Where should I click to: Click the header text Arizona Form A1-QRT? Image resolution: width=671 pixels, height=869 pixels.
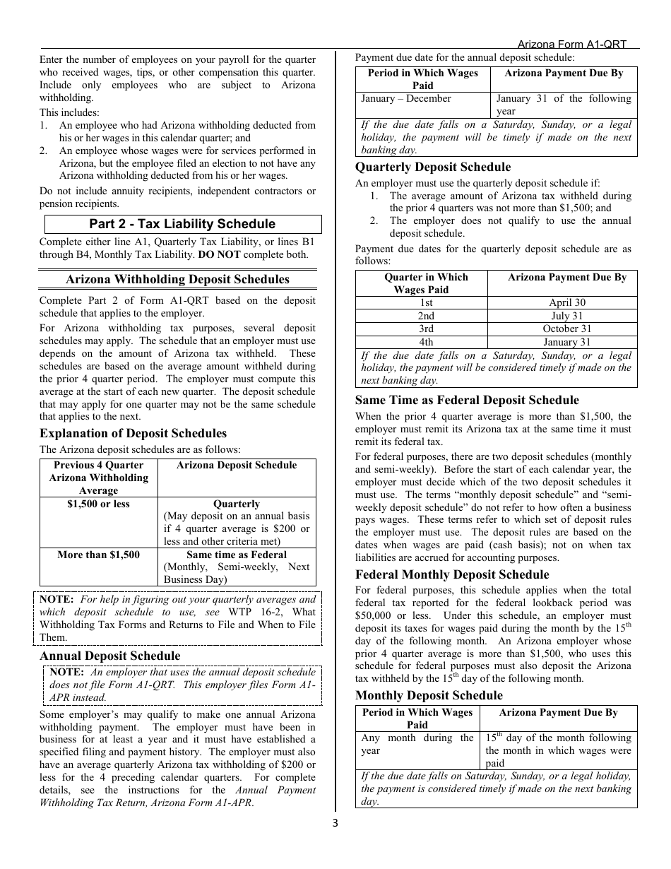[572, 44]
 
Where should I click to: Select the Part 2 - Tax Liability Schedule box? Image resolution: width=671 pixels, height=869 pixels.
[182, 224]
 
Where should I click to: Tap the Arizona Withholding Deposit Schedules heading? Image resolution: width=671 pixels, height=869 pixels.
[177, 279]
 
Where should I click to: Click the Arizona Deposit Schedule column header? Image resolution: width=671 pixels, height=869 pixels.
[237, 465]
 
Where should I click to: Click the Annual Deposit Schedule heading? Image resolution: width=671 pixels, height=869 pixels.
[109, 656]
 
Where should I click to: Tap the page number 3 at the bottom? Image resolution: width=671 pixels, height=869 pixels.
[335, 822]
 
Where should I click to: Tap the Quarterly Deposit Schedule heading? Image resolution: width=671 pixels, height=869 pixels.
[432, 167]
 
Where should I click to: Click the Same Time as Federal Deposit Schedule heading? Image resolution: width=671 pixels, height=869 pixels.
[467, 400]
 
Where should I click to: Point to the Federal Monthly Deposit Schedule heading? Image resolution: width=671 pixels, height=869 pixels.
[451, 574]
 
